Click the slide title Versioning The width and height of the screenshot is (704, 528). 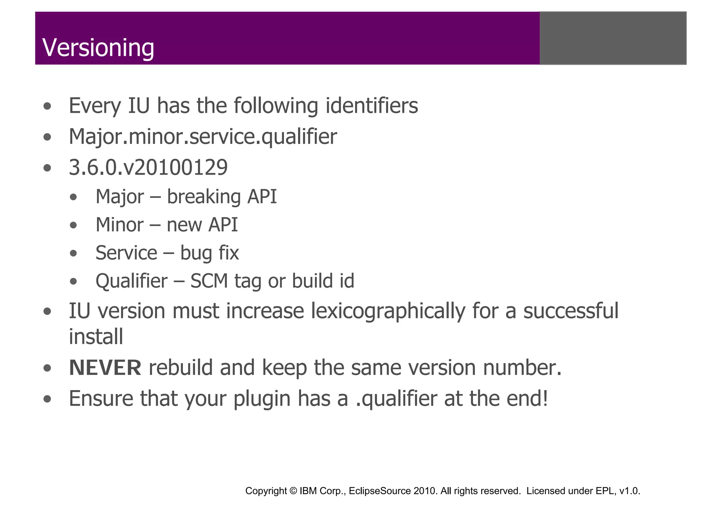pos(98,47)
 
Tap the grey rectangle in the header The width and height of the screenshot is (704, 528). pos(613,38)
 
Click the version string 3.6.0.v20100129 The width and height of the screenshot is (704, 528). pos(148,168)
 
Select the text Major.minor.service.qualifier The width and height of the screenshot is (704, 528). pos(203,137)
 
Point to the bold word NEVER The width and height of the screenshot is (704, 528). pos(105,367)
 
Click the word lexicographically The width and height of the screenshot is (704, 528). pos(388,311)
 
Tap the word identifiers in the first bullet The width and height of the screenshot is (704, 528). pos(372,106)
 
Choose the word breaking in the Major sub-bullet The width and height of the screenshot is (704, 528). pos(204,197)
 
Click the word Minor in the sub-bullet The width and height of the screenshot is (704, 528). pos(120,225)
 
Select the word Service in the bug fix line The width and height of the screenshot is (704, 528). pos(126,253)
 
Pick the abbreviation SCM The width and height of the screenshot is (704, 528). pos(209,281)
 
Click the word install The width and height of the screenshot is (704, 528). pos(96,336)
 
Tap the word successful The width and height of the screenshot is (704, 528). pos(571,311)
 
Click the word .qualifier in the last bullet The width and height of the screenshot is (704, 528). pos(396,399)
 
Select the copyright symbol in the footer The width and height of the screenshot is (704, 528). pos(293,491)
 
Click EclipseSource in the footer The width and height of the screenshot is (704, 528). pos(380,491)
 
